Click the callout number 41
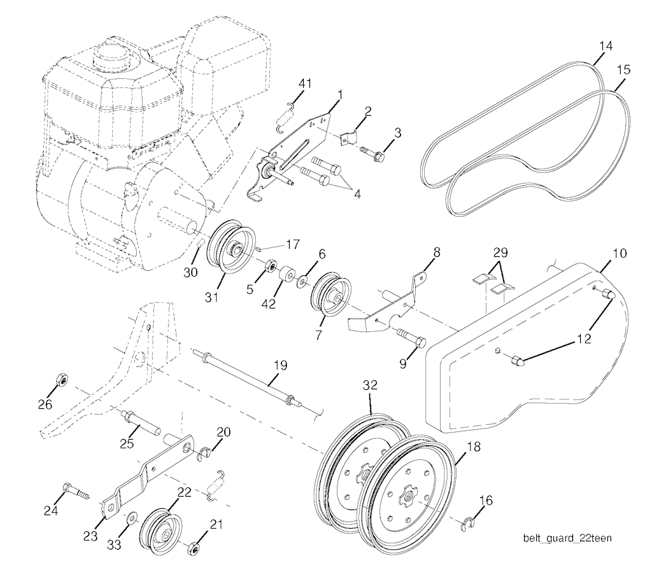(305, 83)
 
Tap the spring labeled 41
(286, 118)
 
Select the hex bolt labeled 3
(372, 153)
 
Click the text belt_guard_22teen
(567, 539)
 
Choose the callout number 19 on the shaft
(281, 366)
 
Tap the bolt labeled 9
(412, 337)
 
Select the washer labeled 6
(302, 282)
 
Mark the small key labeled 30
(199, 242)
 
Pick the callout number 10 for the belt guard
(619, 253)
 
